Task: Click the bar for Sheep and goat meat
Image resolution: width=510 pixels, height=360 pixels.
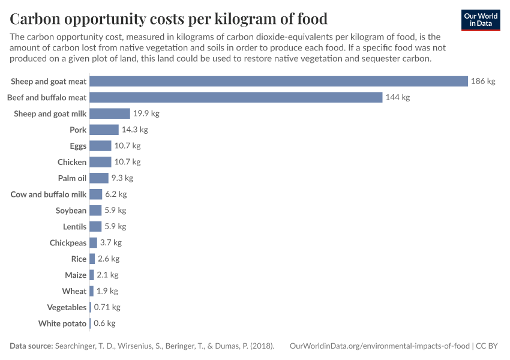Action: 278,81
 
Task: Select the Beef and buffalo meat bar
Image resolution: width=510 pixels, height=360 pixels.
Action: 236,97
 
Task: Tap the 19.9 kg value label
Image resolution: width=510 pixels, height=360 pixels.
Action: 146,113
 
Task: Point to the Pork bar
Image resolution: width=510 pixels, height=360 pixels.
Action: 104,130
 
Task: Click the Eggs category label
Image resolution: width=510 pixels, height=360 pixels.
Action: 78,146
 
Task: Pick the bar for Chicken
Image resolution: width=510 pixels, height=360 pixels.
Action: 100,162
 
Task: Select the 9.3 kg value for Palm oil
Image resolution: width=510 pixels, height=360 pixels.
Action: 122,178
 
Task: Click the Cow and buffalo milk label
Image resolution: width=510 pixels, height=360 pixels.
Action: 49,194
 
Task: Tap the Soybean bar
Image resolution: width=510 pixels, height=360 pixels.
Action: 95,211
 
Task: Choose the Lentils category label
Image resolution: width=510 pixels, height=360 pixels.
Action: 74,227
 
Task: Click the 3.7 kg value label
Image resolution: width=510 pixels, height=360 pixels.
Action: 110,243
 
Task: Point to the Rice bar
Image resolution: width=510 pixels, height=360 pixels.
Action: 92,259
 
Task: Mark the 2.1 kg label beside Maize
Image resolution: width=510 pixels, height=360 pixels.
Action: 107,275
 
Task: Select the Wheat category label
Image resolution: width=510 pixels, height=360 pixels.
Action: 74,292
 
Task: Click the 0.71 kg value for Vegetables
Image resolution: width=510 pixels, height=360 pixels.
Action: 107,308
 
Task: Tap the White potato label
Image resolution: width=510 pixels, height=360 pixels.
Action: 62,324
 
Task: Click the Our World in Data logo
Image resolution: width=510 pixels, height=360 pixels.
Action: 481,20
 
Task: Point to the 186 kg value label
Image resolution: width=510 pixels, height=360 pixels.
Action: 483,81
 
